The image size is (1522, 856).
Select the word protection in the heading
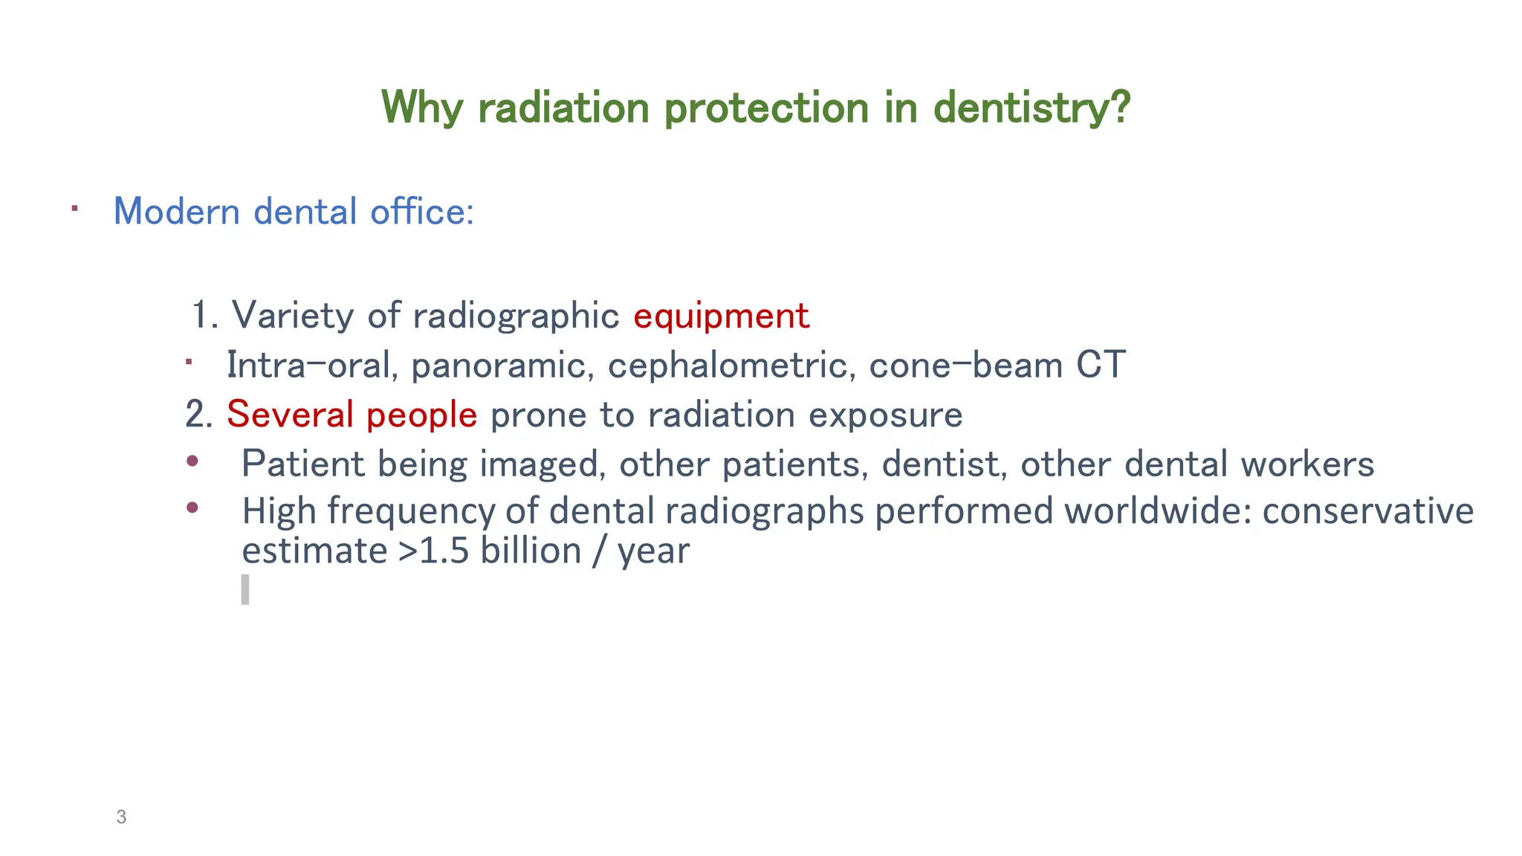[766, 108]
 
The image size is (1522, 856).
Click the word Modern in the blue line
[176, 212]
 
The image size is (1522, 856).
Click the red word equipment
[721, 316]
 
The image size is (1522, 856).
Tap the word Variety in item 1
[293, 316]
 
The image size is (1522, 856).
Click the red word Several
[289, 415]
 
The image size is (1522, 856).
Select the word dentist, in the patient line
[944, 464]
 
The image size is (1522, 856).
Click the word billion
[531, 551]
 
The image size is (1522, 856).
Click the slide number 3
[121, 817]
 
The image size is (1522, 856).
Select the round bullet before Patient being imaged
[192, 461]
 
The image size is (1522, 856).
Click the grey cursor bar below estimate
[245, 589]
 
